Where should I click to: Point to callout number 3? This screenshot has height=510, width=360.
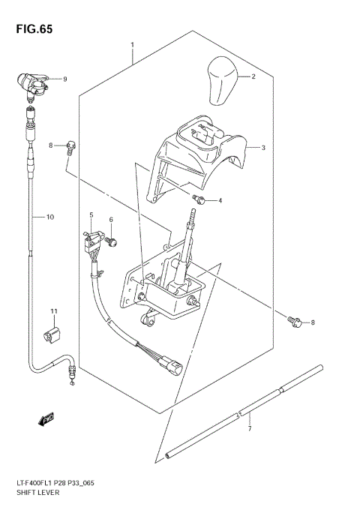[x=263, y=148]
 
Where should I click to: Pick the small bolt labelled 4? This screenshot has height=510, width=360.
[x=199, y=199]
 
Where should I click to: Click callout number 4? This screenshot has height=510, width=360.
[x=220, y=201]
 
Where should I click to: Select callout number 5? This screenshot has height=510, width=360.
[x=91, y=215]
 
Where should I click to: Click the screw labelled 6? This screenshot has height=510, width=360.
[x=114, y=241]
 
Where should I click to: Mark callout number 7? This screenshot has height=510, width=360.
[x=250, y=430]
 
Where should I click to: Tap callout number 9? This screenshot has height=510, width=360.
[x=64, y=79]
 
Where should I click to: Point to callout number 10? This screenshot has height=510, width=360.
[x=49, y=217]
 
